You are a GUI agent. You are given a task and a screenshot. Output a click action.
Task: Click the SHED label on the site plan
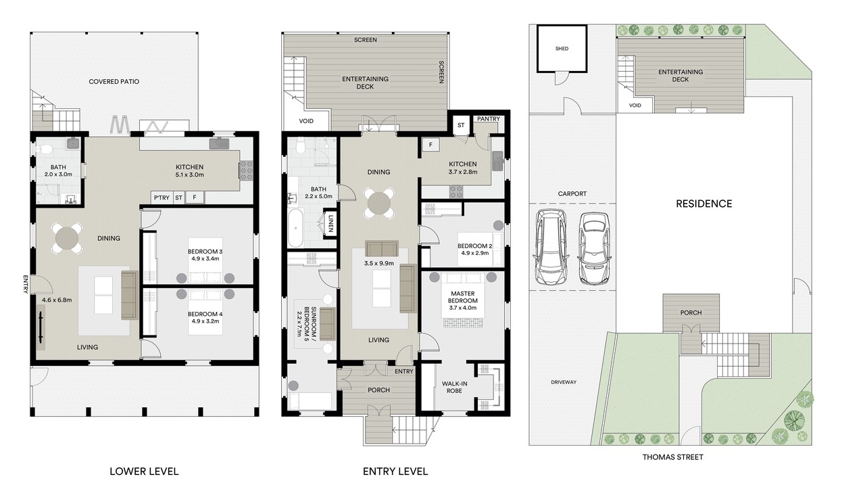562,49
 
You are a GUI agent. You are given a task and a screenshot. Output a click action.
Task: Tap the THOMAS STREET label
672,457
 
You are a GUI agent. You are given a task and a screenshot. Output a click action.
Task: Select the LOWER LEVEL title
144,471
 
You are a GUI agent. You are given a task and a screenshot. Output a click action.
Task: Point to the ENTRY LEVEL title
395,471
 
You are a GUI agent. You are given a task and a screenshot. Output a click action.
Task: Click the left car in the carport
551,247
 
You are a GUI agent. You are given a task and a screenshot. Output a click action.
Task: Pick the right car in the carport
593,248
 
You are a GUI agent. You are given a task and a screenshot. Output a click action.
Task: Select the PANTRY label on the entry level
489,119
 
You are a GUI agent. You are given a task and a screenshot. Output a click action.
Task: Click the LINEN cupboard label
330,223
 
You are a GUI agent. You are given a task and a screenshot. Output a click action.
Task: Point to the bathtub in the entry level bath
295,229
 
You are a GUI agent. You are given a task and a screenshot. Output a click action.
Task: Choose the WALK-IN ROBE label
455,388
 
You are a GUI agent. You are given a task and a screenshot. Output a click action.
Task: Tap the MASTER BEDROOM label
463,297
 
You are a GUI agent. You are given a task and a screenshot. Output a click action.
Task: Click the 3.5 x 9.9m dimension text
379,264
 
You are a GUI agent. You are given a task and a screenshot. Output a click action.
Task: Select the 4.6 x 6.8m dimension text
57,300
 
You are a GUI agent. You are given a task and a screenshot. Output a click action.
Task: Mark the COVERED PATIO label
114,82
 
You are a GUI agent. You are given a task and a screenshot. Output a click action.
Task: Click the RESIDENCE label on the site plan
704,204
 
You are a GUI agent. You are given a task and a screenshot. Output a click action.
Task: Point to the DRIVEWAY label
564,382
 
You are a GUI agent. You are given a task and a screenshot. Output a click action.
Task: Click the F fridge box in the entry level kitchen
430,145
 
